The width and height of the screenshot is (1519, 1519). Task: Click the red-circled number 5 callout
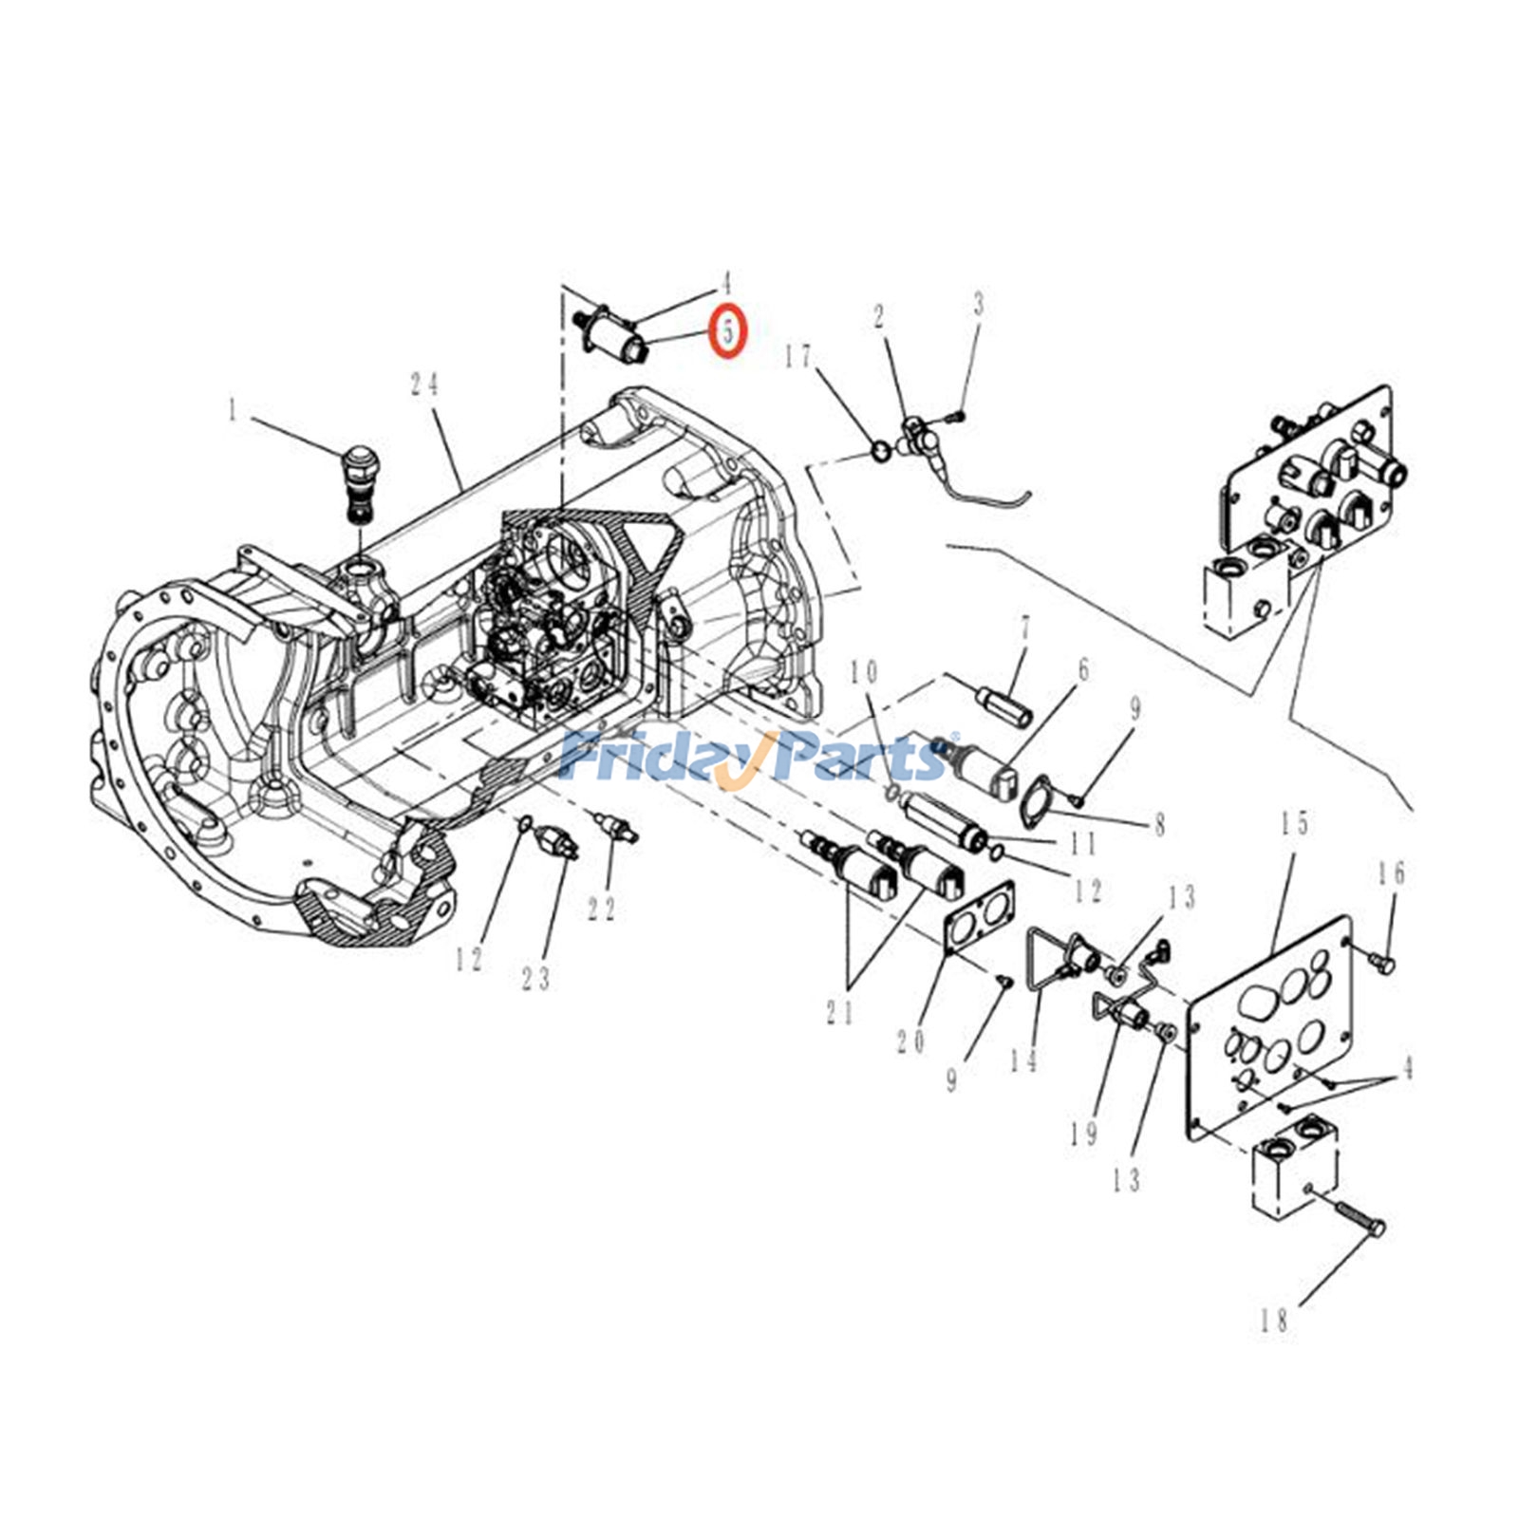coord(730,332)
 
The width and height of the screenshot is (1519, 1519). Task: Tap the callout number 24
coord(424,384)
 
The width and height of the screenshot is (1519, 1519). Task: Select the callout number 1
coord(233,410)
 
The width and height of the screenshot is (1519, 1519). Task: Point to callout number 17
coord(798,357)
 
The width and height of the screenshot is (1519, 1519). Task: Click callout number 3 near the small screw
coord(979,305)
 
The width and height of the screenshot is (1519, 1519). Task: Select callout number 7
coord(1024,628)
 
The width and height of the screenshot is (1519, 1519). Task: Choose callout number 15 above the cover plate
coord(1296,823)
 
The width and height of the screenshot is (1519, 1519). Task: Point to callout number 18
coord(1274,1321)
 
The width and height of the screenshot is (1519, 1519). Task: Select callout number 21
coord(839,1013)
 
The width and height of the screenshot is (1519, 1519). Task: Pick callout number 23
coord(536,979)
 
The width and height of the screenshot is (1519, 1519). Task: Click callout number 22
coord(601,909)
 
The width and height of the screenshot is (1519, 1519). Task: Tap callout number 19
coord(1085,1133)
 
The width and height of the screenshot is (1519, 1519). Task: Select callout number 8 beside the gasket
coord(1159,826)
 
